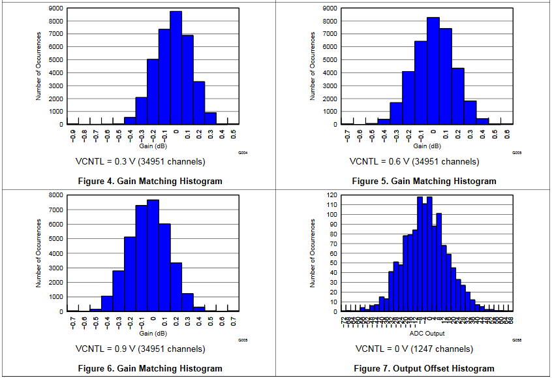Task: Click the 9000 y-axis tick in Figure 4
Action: pos(56,8)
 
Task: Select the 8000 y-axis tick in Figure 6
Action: pos(56,195)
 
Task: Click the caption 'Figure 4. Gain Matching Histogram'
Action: pos(150,181)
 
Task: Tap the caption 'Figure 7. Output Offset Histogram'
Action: pos(423,368)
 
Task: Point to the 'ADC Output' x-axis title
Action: pos(427,334)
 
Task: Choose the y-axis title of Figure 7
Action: pos(313,253)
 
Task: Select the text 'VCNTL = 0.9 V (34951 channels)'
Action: pos(140,349)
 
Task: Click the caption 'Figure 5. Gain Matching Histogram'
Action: pos(424,181)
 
